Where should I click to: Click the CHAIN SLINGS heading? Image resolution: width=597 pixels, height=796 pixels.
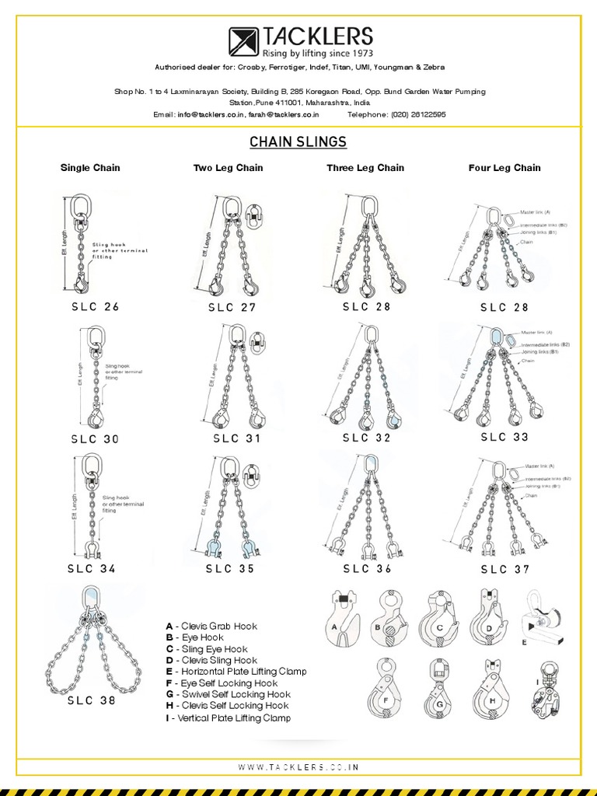click(x=298, y=141)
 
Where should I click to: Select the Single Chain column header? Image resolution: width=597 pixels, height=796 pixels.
click(x=90, y=168)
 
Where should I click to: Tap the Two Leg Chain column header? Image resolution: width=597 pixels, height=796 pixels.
click(x=228, y=168)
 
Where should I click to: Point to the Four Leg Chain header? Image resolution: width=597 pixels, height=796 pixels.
click(x=504, y=168)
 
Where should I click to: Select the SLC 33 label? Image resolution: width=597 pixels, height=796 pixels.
click(x=504, y=437)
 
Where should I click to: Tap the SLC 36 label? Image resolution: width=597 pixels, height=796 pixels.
click(x=367, y=568)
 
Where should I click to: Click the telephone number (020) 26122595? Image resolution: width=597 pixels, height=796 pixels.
click(x=418, y=113)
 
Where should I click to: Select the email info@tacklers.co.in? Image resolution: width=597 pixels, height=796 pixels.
click(x=204, y=113)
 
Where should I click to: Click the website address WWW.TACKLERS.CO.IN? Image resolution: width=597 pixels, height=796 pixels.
click(x=298, y=766)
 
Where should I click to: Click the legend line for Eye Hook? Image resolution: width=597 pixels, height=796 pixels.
click(x=194, y=637)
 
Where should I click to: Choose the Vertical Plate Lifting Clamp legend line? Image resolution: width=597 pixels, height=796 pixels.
click(x=228, y=717)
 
